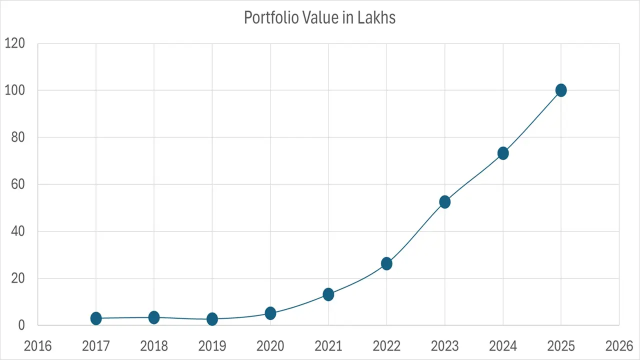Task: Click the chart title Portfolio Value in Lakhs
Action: [319, 17]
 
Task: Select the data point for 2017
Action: [96, 318]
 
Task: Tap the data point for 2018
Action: [154, 317]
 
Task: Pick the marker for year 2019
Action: [212, 319]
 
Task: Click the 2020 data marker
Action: [270, 313]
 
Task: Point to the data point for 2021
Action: [328, 294]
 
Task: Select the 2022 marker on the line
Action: [386, 263]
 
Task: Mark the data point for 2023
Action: [445, 202]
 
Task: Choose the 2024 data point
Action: [503, 153]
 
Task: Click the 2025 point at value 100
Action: [561, 90]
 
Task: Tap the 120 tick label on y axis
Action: [14, 43]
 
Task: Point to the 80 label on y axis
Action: [18, 137]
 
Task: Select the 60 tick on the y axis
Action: [18, 184]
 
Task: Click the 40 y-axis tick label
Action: [18, 231]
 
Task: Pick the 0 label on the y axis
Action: [21, 325]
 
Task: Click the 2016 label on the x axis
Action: [38, 346]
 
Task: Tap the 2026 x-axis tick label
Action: [619, 346]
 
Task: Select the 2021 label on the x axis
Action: [328, 346]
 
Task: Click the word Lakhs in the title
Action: [376, 17]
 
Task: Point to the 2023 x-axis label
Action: [445, 346]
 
